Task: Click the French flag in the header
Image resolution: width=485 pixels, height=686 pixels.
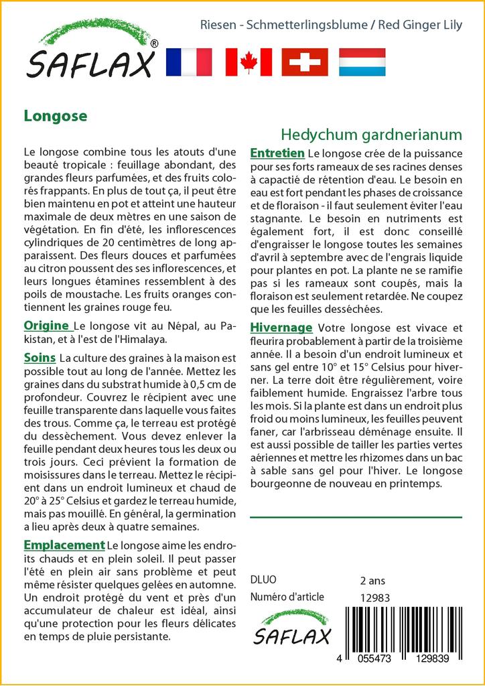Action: (x=188, y=62)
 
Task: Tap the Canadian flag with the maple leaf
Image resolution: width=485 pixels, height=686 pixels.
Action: (x=249, y=62)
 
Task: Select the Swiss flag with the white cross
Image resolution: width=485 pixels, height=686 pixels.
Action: (x=305, y=62)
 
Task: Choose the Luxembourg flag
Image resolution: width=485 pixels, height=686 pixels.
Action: (x=362, y=62)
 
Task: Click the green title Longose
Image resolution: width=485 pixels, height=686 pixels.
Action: (x=56, y=115)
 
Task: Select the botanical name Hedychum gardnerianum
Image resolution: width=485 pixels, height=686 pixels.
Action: (x=371, y=134)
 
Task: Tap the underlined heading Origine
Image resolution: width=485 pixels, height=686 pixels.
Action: (x=48, y=326)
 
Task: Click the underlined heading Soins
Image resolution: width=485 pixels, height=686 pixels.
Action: (x=40, y=358)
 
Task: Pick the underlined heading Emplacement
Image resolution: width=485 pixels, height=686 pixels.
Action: (x=64, y=545)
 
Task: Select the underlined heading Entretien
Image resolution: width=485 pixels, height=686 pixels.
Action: (x=277, y=153)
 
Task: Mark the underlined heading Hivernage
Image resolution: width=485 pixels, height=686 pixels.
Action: (x=281, y=328)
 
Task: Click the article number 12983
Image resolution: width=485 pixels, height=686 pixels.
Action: (x=374, y=598)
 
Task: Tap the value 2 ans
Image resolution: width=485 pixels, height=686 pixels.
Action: (x=372, y=580)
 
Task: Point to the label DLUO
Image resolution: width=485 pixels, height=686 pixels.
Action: (x=263, y=580)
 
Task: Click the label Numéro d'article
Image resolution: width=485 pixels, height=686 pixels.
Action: (x=287, y=597)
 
